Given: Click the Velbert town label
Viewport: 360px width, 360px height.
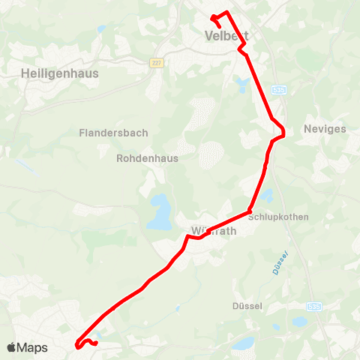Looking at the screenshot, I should coord(226,36).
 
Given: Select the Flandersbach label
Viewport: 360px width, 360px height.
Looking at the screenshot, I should coord(113,133).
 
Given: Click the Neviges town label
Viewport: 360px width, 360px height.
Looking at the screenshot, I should coord(325,129).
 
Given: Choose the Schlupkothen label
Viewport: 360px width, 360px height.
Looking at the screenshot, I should coord(298,217).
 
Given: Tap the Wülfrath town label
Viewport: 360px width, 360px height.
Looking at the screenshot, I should coord(213,231).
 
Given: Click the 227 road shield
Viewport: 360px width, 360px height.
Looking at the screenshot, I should coord(155,63).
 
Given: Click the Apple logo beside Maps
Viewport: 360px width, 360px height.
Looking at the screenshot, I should coord(11,347).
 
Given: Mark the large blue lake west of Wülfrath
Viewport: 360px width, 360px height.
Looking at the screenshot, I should coord(159,213).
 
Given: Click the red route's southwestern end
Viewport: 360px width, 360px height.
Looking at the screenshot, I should coord(79,345).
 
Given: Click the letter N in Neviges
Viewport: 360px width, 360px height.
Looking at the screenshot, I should coord(307,129).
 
